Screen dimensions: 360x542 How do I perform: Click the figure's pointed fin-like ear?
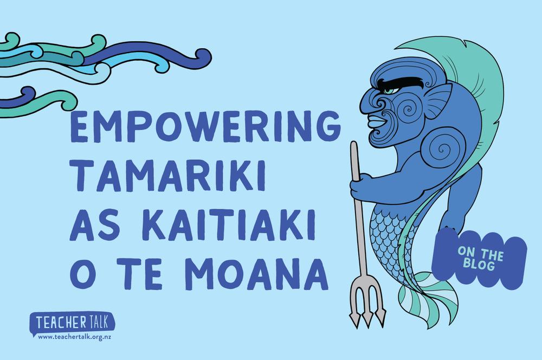point(438,100)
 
